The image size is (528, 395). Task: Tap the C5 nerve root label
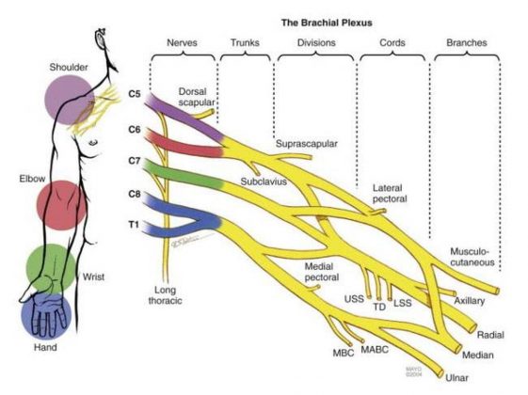click(x=136, y=94)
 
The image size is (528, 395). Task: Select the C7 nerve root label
click(x=136, y=163)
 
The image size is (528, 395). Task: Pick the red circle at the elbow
click(x=61, y=206)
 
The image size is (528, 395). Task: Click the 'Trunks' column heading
click(x=244, y=43)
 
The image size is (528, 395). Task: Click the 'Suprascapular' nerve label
click(x=305, y=144)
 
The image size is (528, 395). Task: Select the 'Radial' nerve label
click(x=490, y=335)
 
